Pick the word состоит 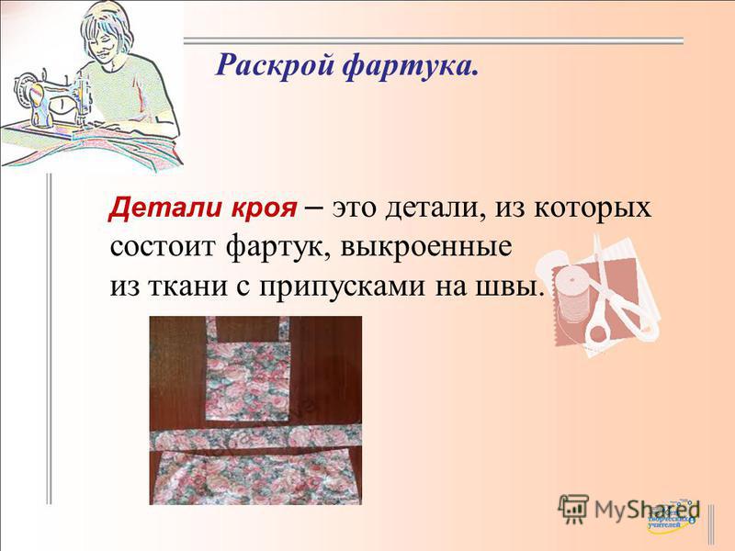164,247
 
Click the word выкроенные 425,247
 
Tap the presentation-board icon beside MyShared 573,508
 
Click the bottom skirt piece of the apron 254,477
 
